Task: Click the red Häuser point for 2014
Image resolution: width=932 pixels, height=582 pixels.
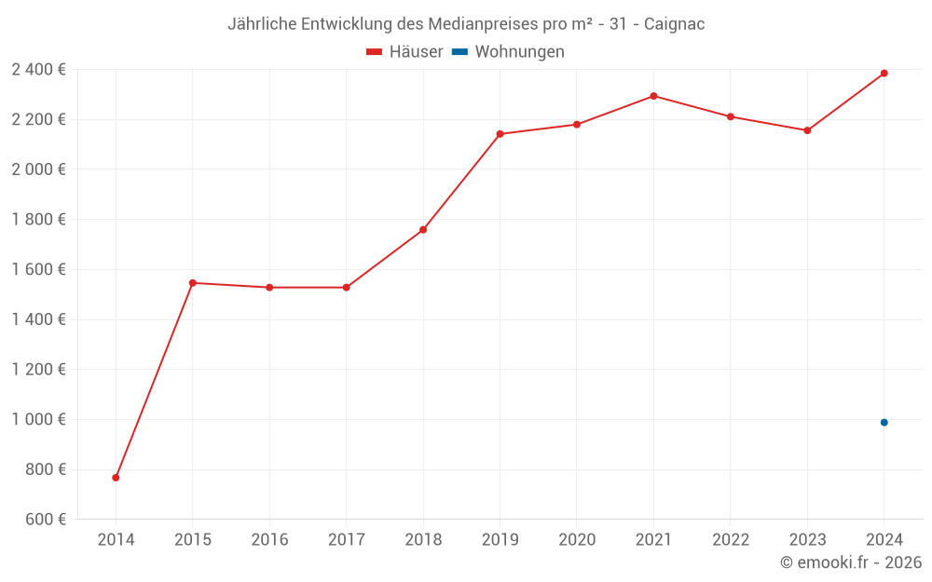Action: point(116,478)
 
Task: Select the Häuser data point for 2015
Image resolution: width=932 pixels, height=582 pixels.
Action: point(193,283)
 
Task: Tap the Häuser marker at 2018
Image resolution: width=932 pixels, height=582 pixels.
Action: point(423,230)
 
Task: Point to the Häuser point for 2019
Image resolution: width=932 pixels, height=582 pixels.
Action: point(500,134)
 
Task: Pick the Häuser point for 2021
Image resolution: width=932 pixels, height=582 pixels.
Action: point(653,96)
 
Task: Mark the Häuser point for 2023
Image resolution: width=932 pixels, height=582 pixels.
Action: point(807,130)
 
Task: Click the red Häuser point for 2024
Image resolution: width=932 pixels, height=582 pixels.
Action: point(884,74)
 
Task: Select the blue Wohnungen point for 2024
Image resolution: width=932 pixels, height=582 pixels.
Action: point(884,423)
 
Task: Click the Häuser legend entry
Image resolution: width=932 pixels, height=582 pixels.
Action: point(404,52)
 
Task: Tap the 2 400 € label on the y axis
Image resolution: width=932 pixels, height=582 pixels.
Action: point(38,69)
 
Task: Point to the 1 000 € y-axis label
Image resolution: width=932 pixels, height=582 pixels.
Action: point(38,419)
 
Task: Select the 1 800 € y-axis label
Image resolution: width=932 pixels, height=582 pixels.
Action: point(38,220)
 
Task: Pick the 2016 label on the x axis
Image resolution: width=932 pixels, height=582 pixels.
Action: point(269,540)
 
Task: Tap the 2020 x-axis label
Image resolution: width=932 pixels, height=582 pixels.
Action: point(577,540)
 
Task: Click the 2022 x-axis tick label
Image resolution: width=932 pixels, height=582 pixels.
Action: point(731,540)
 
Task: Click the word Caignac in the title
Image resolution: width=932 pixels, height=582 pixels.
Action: point(675,24)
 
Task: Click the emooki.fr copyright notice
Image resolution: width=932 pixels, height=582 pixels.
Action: point(850,562)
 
